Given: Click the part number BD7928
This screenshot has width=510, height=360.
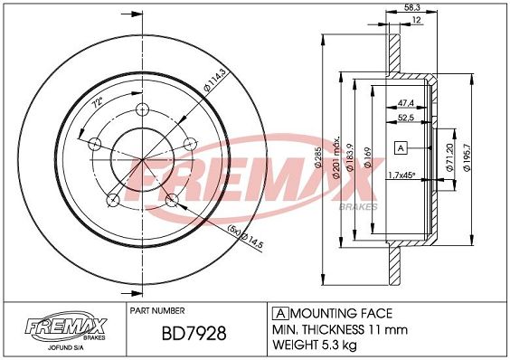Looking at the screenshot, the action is click(x=194, y=333).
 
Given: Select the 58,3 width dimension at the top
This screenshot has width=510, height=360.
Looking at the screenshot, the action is click(x=411, y=7).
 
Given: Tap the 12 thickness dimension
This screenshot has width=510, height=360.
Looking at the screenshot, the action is click(x=416, y=20).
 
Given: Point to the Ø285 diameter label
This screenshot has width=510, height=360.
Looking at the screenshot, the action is click(x=318, y=158).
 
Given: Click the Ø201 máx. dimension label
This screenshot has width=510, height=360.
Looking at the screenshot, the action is click(x=336, y=157).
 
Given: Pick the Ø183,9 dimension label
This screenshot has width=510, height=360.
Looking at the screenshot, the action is click(x=350, y=158).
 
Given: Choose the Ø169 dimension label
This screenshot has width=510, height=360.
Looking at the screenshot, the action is click(x=367, y=158).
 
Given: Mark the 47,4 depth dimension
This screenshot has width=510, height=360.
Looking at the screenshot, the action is click(x=406, y=103).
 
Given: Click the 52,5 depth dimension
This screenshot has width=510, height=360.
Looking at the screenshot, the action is click(x=406, y=118).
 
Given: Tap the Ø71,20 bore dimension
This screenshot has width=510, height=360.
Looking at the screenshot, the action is click(x=449, y=157).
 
